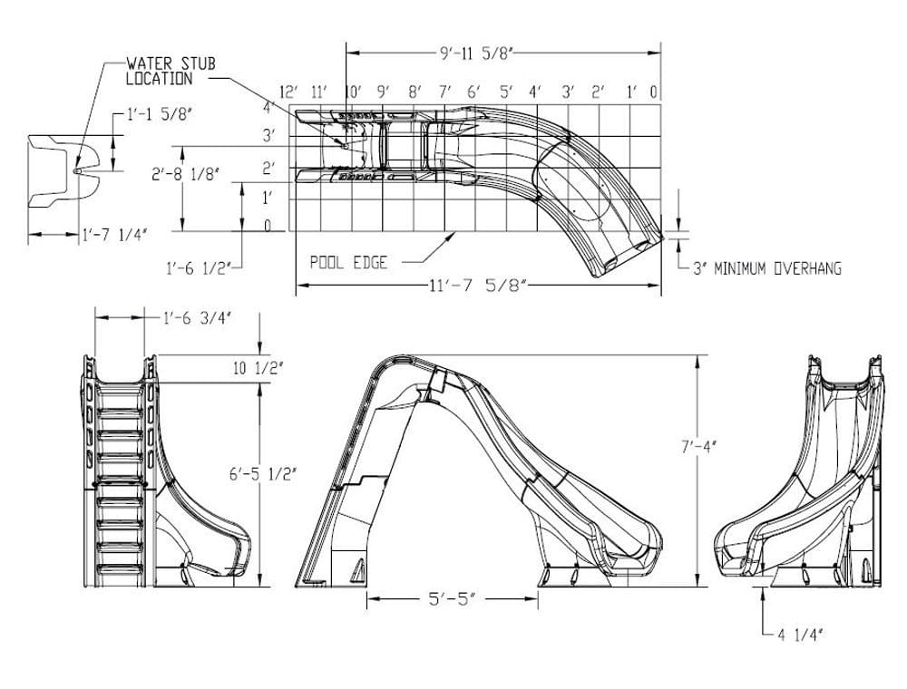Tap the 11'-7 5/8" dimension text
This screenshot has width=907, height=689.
pyautogui.click(x=478, y=287)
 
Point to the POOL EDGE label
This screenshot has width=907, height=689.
pyautogui.click(x=348, y=262)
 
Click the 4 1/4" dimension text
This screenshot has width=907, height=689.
pyautogui.click(x=799, y=636)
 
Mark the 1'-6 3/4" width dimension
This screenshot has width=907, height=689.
pyautogui.click(x=198, y=317)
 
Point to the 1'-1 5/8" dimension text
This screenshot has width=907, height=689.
pyautogui.click(x=155, y=116)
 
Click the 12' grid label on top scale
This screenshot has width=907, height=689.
pyautogui.click(x=289, y=92)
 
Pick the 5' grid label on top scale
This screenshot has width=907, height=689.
pyautogui.click(x=504, y=92)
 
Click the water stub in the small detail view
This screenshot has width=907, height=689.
pyautogui.click(x=77, y=169)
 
